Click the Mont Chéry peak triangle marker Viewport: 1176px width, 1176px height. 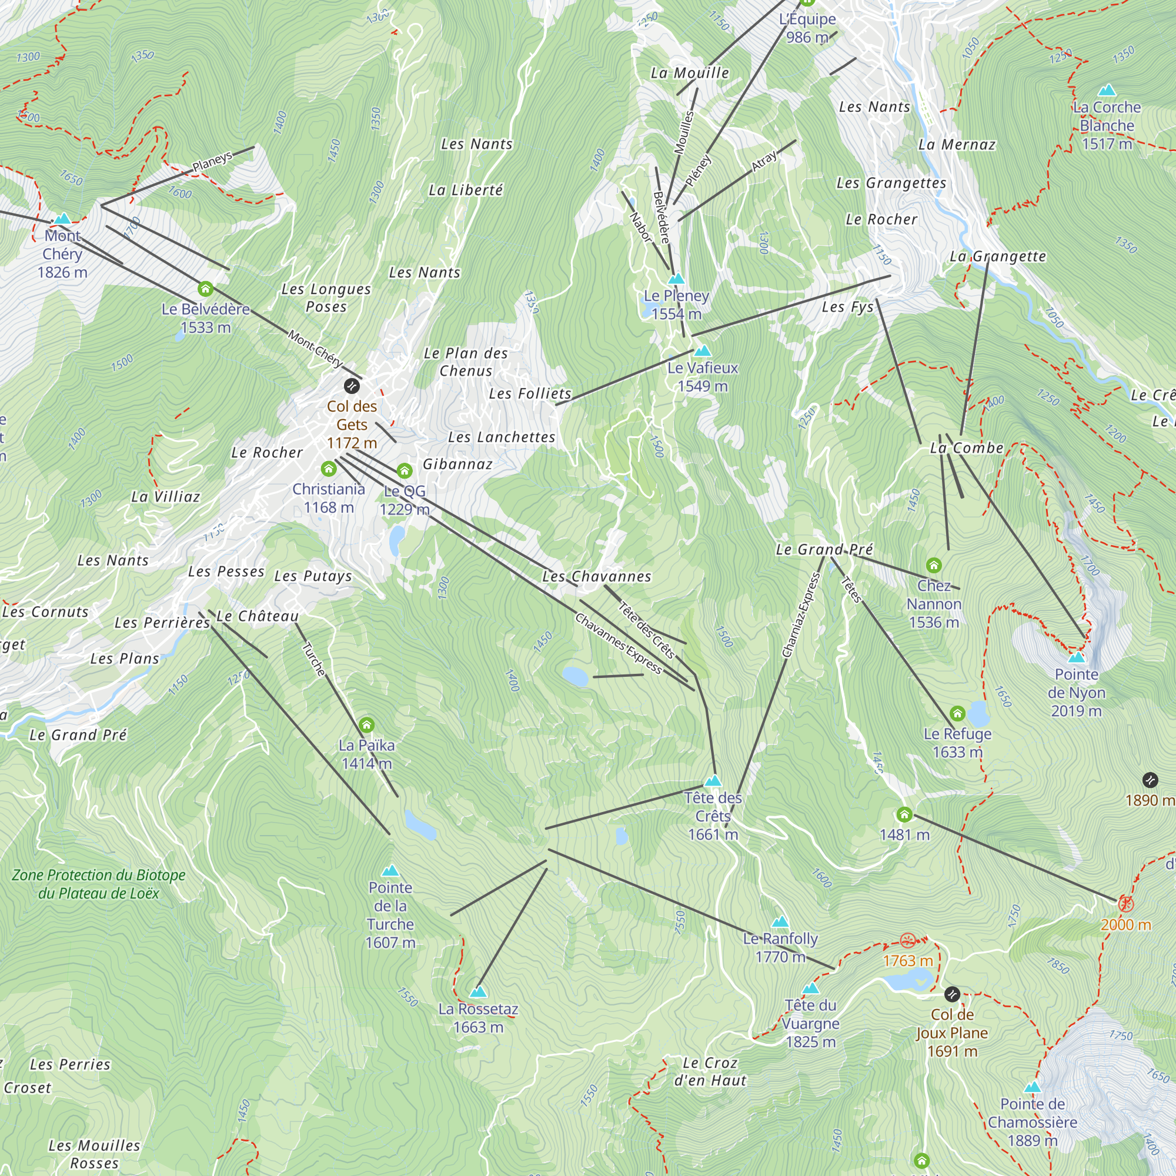point(62,219)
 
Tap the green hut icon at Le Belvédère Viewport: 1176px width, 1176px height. point(206,289)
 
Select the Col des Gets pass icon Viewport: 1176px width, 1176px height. point(352,385)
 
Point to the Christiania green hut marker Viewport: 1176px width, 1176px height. point(329,469)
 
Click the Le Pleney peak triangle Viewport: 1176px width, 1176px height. point(676,279)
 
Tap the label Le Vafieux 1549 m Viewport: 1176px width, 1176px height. point(703,377)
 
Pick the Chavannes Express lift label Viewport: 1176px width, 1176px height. point(619,643)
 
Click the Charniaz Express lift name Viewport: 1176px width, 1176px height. point(801,616)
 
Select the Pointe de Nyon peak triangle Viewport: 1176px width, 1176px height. point(1077,657)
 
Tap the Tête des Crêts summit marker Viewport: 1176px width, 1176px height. point(713,781)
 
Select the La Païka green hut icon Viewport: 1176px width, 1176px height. point(366,724)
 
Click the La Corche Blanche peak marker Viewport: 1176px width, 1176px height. point(1107,91)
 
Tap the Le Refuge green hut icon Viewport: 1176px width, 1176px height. point(957,713)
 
